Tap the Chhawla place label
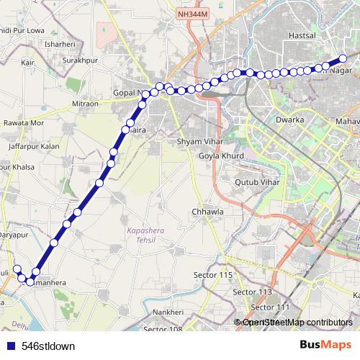coord(208,212)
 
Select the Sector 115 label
coord(213,275)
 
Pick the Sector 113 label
coord(252,292)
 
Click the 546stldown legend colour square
coord(8,346)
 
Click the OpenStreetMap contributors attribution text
coord(297,323)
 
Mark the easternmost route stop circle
coord(343,58)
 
